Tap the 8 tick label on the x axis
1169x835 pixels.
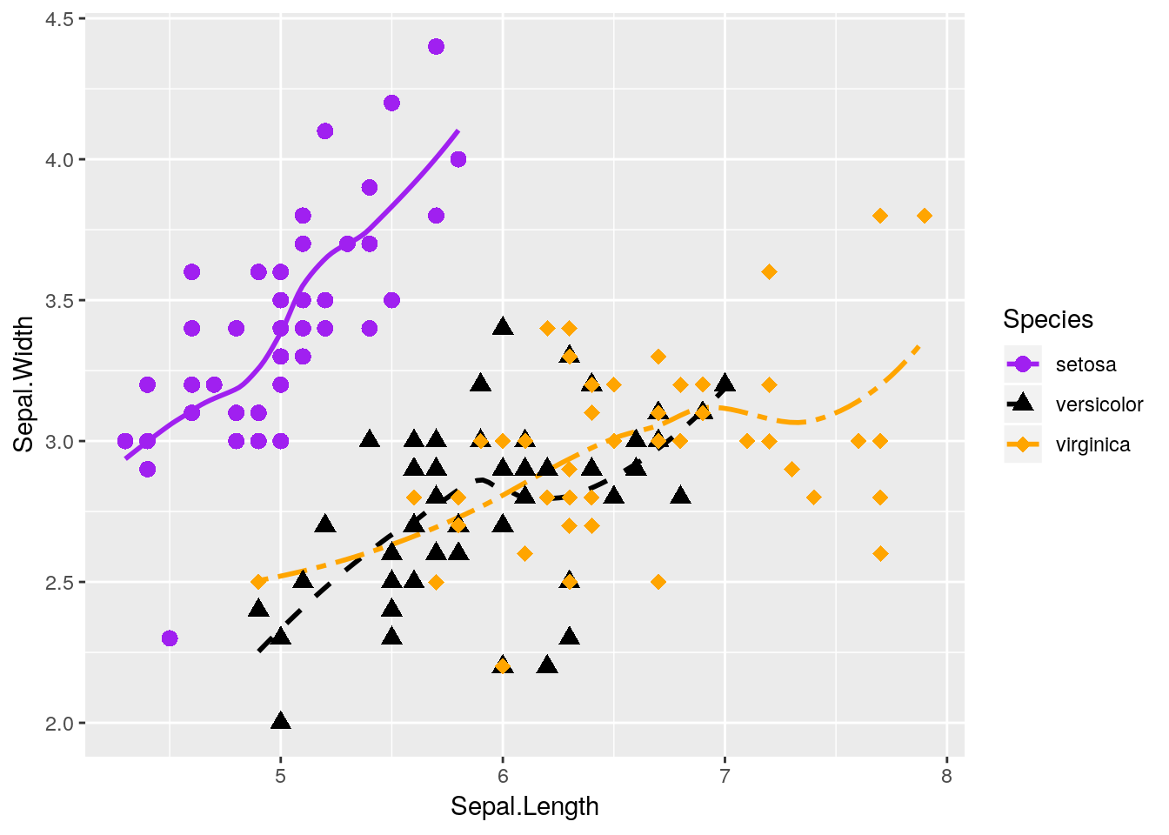[946, 775]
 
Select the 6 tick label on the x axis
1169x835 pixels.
[503, 775]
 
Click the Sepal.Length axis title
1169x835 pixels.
[524, 806]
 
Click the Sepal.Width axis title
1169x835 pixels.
[24, 384]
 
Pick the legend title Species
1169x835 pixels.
[1047, 319]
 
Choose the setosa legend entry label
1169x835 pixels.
[1085, 364]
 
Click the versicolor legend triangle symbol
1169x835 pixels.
[1023, 403]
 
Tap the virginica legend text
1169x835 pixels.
[1092, 444]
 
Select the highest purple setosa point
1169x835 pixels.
[437, 46]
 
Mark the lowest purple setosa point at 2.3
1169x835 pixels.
[170, 638]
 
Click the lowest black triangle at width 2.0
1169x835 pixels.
[280, 721]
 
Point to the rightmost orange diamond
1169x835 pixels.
[925, 216]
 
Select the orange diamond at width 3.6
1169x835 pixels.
[769, 272]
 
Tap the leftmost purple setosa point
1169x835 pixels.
[125, 441]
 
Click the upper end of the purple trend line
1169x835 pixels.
[458, 131]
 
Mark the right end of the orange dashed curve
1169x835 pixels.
[919, 346]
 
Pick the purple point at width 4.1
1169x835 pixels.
[325, 131]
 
